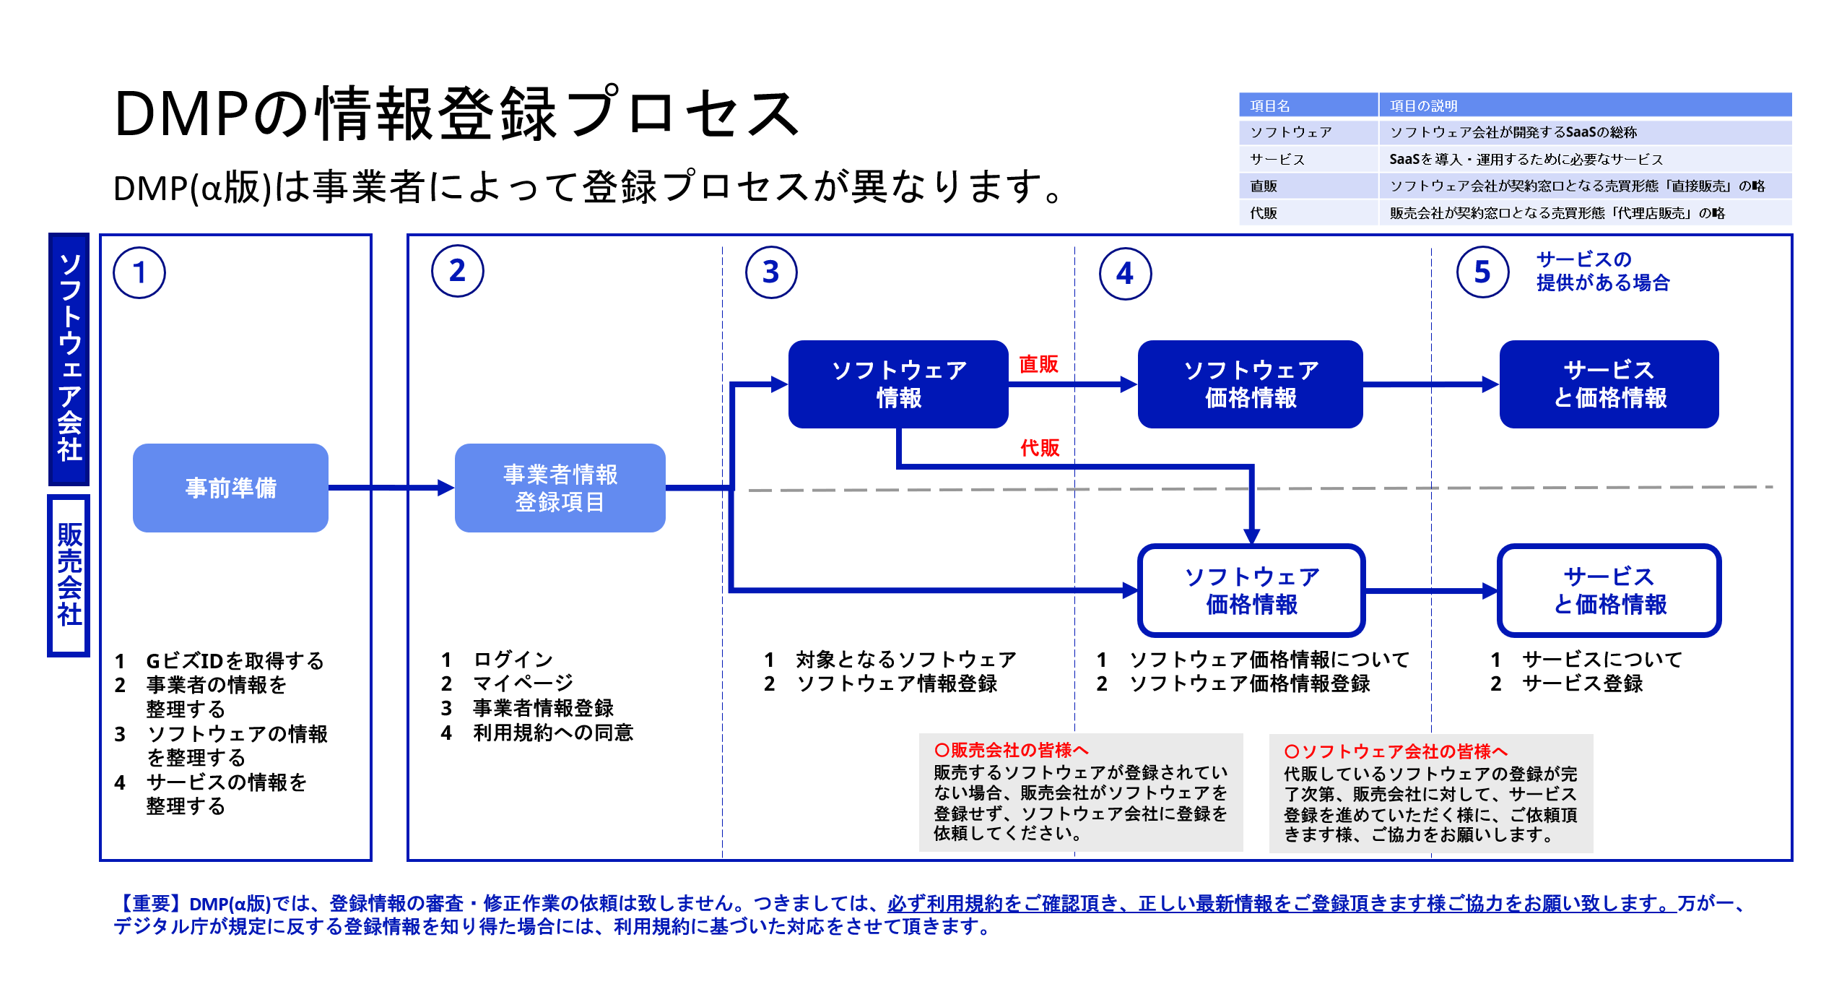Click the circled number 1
tap(139, 272)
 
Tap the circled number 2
tap(457, 272)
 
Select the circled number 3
tap(771, 272)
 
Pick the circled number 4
tap(1125, 274)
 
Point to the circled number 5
tap(1482, 272)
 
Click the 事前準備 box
tap(230, 488)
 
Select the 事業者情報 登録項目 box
tap(560, 488)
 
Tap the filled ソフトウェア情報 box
tap(898, 384)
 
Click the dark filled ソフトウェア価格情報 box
tap(1250, 384)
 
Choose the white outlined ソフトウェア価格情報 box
tap(1251, 590)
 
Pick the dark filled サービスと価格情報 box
tap(1609, 384)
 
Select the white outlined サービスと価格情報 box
tap(1609, 590)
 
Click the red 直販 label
tap(1038, 364)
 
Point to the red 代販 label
tap(1040, 448)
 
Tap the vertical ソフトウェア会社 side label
tap(69, 358)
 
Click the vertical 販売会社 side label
tap(69, 575)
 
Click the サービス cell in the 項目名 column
tap(1277, 159)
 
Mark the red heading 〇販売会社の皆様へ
tap(1011, 750)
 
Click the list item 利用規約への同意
tap(552, 733)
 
